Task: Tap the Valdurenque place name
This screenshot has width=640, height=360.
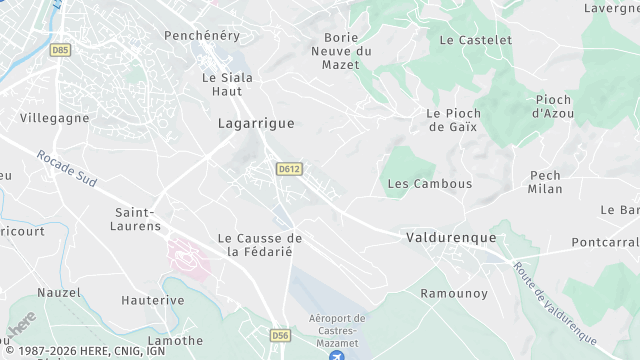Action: [x=452, y=237]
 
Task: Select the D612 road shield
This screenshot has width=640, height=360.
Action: [x=289, y=169]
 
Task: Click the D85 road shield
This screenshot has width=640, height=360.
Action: [x=62, y=49]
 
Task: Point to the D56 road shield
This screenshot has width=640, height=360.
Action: [x=281, y=335]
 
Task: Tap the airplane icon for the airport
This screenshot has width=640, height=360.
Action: [x=337, y=353]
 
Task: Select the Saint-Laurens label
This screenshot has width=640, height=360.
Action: [x=138, y=219]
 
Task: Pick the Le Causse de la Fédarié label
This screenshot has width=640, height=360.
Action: [x=260, y=244]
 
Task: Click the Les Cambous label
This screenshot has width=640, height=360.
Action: [x=429, y=184]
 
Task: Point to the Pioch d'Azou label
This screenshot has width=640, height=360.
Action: [x=553, y=106]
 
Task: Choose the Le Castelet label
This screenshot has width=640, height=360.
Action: [x=475, y=40]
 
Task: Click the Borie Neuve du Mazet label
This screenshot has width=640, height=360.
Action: [x=341, y=50]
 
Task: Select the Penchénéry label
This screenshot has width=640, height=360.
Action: [x=204, y=34]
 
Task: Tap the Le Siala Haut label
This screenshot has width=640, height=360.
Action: [x=227, y=84]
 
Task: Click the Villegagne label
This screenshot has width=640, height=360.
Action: [x=54, y=117]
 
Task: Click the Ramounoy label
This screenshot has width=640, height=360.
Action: [x=453, y=293]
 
